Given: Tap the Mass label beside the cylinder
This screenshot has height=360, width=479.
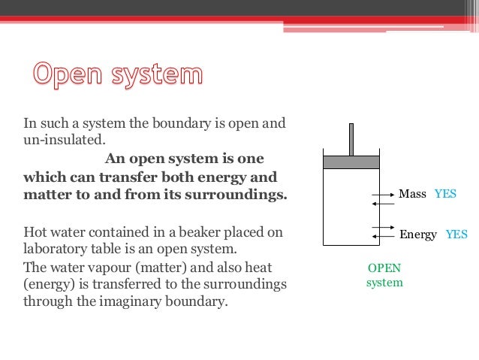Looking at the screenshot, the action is pyautogui.click(x=412, y=194).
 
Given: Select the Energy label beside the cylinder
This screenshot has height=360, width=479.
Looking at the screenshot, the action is pyautogui.click(x=418, y=234).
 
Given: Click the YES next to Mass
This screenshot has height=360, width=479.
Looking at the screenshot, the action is pyautogui.click(x=445, y=194).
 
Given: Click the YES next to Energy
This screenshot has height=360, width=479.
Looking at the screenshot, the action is pyautogui.click(x=456, y=234).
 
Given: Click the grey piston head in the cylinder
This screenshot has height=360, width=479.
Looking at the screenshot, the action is pyautogui.click(x=351, y=162).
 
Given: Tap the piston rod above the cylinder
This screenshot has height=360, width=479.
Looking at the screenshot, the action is pyautogui.click(x=351, y=139).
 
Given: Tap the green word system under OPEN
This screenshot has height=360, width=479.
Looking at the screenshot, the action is pyautogui.click(x=384, y=283).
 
